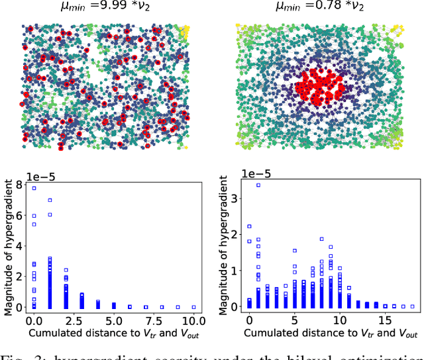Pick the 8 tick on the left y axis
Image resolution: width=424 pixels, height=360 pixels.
(21, 184)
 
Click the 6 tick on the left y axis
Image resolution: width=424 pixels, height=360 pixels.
(21, 215)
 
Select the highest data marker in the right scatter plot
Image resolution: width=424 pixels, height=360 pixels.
(258, 185)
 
